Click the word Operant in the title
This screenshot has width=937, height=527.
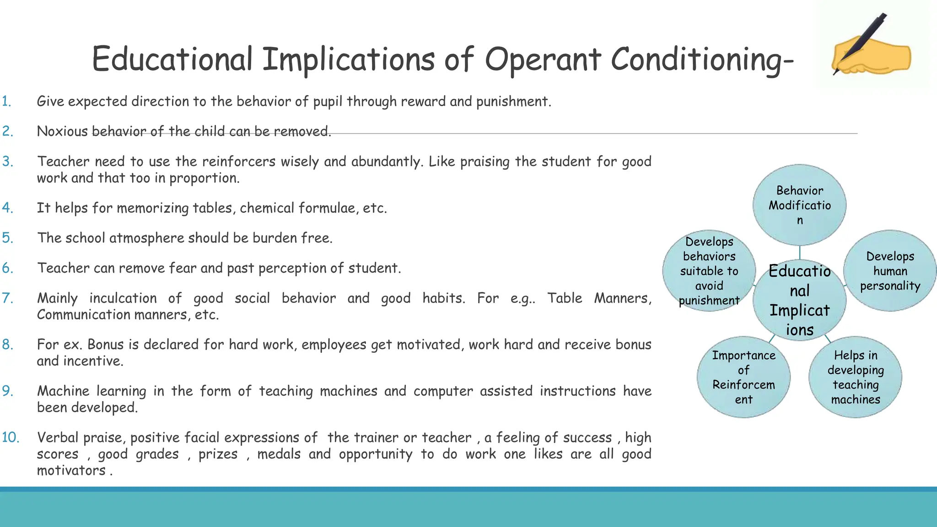pos(542,59)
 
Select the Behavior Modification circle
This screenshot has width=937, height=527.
pos(799,205)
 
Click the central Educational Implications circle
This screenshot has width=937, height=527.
pos(799,300)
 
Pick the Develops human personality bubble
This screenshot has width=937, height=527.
pos(889,271)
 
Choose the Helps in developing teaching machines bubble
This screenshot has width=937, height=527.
pos(855,377)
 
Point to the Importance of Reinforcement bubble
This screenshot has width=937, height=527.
pos(743,377)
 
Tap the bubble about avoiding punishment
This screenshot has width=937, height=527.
pos(709,271)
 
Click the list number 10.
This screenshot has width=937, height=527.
pos(10,437)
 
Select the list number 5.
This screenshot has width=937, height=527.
pos(7,238)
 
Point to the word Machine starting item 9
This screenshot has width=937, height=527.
pos(63,391)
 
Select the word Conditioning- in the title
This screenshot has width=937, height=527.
pos(702,59)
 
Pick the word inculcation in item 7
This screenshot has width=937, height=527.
pos(123,298)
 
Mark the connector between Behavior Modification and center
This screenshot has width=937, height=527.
pos(799,253)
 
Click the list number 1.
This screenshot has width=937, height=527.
pos(6,101)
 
